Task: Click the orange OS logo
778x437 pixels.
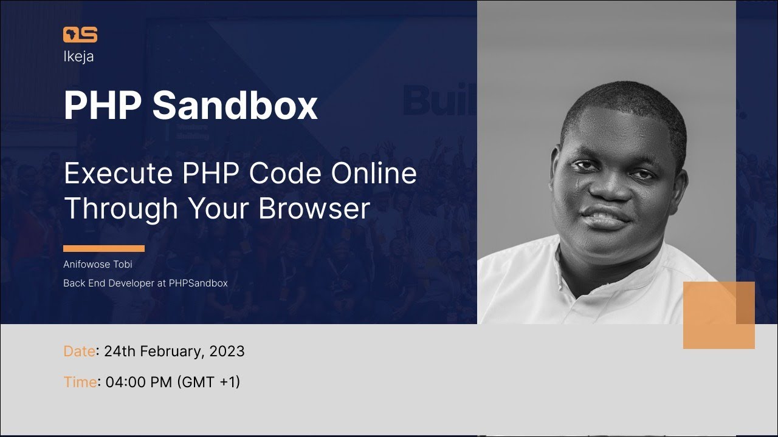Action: tap(80, 35)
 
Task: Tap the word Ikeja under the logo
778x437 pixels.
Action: tap(78, 56)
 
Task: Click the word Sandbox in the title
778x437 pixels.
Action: tap(235, 105)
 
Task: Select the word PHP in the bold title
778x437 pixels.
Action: tap(103, 105)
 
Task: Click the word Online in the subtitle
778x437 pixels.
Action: tap(374, 174)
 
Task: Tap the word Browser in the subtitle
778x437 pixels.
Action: tap(314, 208)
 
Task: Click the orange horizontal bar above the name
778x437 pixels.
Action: tap(104, 248)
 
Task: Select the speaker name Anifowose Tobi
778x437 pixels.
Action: tap(97, 265)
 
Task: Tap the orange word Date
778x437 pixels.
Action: tap(79, 351)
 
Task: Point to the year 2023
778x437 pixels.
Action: tap(227, 351)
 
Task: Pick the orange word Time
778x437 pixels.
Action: tap(80, 382)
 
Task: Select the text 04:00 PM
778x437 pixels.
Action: tap(139, 382)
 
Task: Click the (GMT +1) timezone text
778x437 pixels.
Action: tap(208, 382)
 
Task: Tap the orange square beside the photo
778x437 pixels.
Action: tap(718, 315)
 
